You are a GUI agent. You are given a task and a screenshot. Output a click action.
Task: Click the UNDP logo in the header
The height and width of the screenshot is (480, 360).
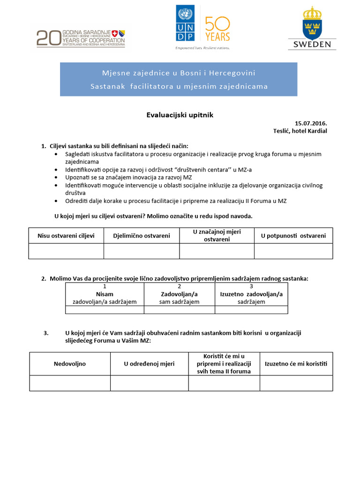click(187, 23)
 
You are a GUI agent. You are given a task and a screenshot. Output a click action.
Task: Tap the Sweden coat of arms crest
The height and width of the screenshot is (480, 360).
click(312, 23)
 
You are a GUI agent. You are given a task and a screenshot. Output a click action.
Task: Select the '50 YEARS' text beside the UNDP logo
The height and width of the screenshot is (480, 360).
click(217, 29)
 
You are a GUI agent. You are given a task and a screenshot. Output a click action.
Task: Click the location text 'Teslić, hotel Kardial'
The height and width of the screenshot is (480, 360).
click(300, 131)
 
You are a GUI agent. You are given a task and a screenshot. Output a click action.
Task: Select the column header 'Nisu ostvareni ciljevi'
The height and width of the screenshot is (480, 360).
click(66, 235)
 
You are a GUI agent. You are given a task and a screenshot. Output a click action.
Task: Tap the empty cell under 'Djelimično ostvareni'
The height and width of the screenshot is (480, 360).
click(141, 251)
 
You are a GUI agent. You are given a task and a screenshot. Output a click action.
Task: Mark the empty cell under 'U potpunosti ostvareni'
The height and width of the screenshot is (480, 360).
click(293, 251)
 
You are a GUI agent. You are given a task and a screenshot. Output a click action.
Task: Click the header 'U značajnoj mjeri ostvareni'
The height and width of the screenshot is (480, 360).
click(217, 235)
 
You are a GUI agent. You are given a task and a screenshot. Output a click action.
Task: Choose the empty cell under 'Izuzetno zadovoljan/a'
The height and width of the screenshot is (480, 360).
click(251, 310)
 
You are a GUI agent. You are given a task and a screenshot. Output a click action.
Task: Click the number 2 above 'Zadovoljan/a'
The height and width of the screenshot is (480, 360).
click(180, 286)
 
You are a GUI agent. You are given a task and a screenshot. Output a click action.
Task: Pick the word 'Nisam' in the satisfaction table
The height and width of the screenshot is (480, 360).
click(105, 294)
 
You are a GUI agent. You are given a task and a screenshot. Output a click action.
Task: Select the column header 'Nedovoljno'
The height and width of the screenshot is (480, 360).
click(70, 363)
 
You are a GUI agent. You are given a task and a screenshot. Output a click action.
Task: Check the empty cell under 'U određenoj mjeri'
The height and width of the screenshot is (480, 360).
click(150, 383)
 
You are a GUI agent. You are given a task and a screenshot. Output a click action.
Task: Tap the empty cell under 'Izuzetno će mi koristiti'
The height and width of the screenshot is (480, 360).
click(296, 383)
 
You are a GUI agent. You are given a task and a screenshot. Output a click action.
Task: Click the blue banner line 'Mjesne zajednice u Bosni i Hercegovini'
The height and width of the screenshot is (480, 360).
click(179, 73)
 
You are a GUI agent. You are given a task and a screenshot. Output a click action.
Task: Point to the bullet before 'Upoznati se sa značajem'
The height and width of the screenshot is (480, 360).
click(57, 177)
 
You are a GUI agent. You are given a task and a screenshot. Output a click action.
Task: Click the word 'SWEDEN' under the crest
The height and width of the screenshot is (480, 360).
click(312, 45)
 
